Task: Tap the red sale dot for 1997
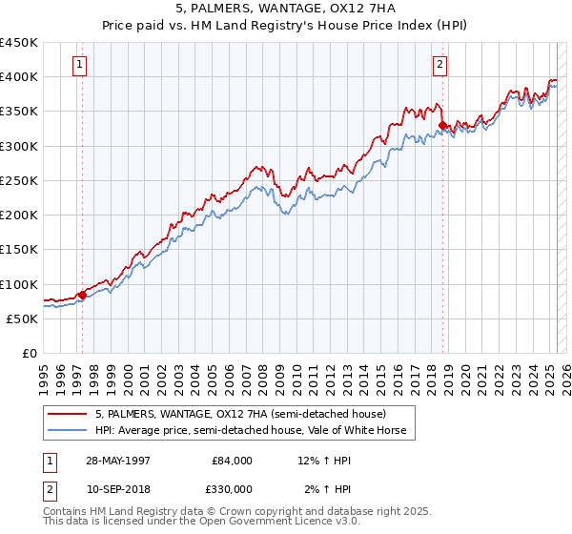coord(82,295)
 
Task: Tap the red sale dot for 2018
coord(442,125)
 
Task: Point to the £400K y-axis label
coord(19,77)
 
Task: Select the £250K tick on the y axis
coord(19,180)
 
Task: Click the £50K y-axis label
coord(23,318)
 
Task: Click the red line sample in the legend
coord(68,415)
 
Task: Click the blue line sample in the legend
coord(68,430)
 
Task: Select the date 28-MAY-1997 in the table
coord(117,461)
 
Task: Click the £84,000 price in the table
coord(232,461)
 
